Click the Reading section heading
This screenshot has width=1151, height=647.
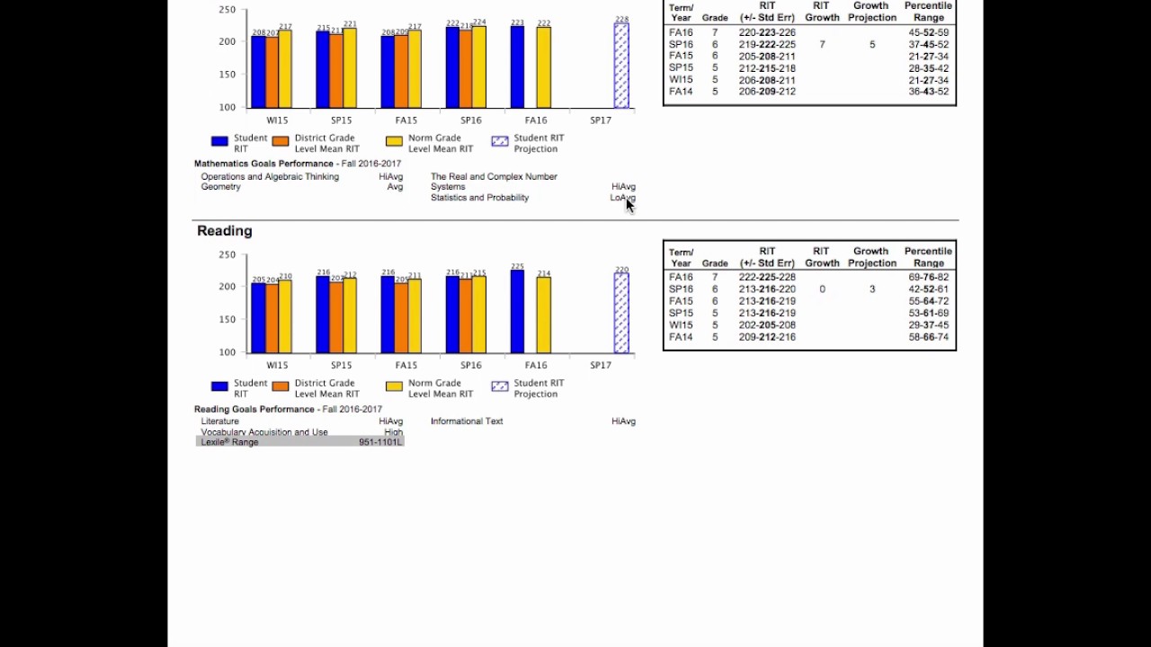point(224,231)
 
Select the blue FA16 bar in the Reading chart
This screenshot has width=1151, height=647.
point(517,312)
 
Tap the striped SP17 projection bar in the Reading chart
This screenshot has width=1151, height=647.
point(621,313)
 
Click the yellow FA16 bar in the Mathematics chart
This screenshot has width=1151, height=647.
point(543,67)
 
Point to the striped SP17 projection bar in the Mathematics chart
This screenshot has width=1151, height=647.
point(621,66)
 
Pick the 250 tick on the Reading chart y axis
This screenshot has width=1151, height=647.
point(227,255)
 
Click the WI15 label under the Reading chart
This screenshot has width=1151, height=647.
point(277,366)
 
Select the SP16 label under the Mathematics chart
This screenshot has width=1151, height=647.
point(470,120)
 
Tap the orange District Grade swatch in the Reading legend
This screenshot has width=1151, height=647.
point(281,387)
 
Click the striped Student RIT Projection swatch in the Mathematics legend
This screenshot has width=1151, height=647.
point(500,142)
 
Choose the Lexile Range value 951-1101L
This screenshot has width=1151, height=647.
point(379,442)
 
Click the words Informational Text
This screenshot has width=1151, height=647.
point(467,421)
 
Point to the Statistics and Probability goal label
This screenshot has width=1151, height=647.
point(479,198)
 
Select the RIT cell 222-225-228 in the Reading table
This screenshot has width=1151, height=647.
point(767,278)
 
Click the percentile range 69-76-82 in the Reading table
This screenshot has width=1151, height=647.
point(928,278)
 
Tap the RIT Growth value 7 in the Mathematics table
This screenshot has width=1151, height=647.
point(822,44)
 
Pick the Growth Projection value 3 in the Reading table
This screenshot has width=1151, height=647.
point(872,289)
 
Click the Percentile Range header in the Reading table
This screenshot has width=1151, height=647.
point(928,257)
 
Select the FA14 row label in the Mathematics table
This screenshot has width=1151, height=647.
point(681,92)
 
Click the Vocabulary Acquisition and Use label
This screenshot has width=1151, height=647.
point(264,432)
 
